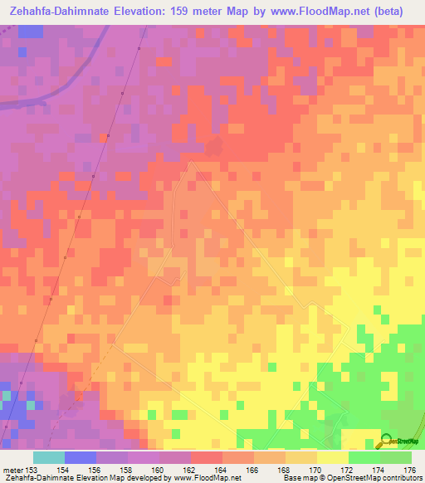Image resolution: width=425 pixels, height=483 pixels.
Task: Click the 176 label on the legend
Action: coord(410,469)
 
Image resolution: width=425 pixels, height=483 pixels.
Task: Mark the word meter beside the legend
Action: coord(13,469)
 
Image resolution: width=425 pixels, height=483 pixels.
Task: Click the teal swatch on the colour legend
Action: coord(49,456)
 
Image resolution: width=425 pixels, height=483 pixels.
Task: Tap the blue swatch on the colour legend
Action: coord(81,456)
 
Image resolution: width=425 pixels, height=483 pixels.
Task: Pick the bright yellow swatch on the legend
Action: coord(332,456)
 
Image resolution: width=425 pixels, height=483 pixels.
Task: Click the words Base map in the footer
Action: coord(298,479)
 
